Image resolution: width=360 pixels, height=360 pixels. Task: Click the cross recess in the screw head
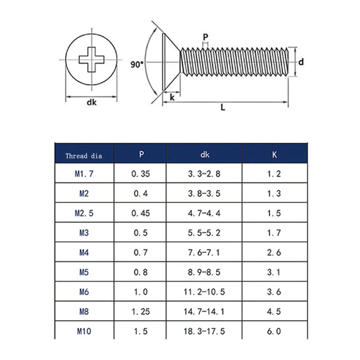tap(91, 59)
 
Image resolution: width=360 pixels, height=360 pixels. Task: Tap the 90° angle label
tap(137, 64)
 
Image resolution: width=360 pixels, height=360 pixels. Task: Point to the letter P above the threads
tap(205, 37)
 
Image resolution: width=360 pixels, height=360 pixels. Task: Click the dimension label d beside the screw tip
tap(301, 62)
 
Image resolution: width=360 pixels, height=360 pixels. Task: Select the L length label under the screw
tap(223, 107)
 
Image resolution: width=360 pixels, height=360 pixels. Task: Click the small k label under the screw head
tap(172, 97)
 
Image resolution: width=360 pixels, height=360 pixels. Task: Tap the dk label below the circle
tap(91, 102)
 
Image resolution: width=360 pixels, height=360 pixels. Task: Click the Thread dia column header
tap(84, 156)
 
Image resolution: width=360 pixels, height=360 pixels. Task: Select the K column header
tap(274, 155)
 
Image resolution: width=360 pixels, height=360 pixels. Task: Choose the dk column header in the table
tap(205, 155)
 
